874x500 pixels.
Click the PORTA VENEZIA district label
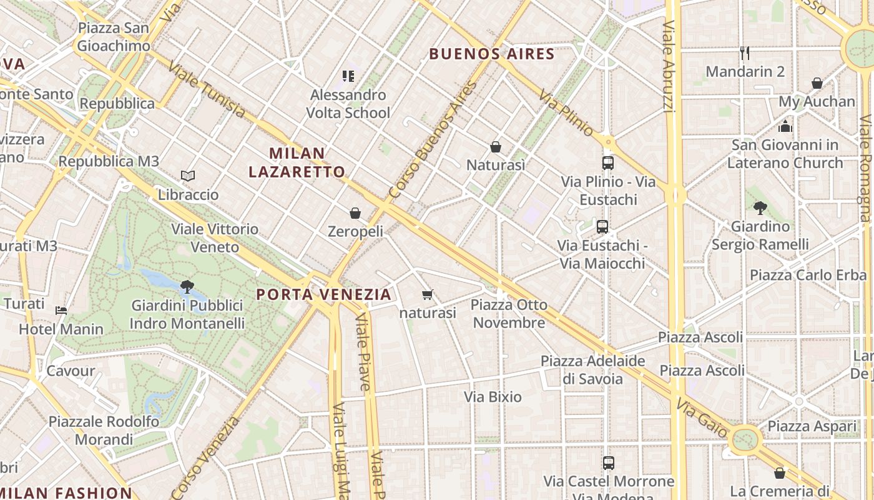point(324,294)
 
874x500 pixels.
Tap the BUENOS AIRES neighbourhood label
point(492,54)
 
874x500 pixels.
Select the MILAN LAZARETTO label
point(297,162)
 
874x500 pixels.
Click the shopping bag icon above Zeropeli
point(355,213)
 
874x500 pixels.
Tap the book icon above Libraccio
point(188,176)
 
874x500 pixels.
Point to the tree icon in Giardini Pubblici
point(187,287)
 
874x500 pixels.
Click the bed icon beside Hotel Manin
point(61,310)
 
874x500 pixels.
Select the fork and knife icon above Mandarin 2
point(744,52)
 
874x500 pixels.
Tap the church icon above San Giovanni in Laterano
point(785,126)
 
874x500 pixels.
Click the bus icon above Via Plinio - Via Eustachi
point(608,163)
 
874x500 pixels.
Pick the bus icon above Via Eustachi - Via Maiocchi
point(602,227)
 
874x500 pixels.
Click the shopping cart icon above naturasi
point(428,294)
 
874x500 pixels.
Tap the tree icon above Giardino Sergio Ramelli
point(760,208)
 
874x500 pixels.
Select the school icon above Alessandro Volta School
point(348,76)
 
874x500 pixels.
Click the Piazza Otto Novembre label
point(509,314)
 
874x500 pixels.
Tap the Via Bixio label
point(493,396)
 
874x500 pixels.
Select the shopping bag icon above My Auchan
point(817,83)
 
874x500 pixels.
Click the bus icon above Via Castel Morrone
point(609,463)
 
